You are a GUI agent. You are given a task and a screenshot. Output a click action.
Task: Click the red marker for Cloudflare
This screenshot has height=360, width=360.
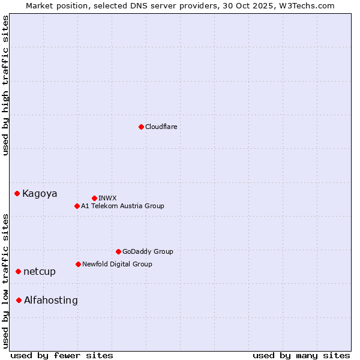pyautogui.click(x=141, y=127)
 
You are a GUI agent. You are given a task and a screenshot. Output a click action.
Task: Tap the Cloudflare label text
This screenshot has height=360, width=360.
pyautogui.click(x=161, y=127)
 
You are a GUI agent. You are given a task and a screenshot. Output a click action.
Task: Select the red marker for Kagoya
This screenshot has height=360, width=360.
pyautogui.click(x=17, y=193)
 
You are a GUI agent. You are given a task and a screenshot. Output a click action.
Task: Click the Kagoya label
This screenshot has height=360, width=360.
pyautogui.click(x=40, y=193)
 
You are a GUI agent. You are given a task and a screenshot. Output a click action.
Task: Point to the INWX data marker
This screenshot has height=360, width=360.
pyautogui.click(x=94, y=198)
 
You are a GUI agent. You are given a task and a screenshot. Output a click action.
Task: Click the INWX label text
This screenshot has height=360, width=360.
pyautogui.click(x=108, y=198)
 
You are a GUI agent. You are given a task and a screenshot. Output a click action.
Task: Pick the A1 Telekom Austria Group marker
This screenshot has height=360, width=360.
pyautogui.click(x=77, y=206)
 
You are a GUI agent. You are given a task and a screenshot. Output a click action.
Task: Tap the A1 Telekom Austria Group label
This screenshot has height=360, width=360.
pyautogui.click(x=123, y=206)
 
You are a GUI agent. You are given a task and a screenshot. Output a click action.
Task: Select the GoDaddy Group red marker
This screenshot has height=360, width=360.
pyautogui.click(x=118, y=251)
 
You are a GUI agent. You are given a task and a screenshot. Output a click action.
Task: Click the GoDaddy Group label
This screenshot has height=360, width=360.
pyautogui.click(x=148, y=251)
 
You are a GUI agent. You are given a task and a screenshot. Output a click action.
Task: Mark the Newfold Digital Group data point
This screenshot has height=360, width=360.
pyautogui.click(x=78, y=264)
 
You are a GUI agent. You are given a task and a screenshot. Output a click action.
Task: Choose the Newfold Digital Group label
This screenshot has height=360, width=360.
pyautogui.click(x=118, y=264)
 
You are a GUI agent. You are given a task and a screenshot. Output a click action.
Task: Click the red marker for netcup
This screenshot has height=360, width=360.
pyautogui.click(x=19, y=271)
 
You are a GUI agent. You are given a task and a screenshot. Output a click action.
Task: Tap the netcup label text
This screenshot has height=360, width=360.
pyautogui.click(x=40, y=271)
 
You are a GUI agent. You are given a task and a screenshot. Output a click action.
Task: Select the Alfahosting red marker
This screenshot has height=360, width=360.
pyautogui.click(x=19, y=300)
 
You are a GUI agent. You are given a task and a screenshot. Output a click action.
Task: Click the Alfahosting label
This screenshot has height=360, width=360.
pyautogui.click(x=51, y=300)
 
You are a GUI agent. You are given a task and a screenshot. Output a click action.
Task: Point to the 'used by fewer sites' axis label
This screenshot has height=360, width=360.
pyautogui.click(x=62, y=355)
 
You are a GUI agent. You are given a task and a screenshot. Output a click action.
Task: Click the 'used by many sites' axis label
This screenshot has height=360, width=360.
pyautogui.click(x=301, y=355)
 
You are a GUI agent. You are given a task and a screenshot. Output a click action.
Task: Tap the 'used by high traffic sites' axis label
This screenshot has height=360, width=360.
pyautogui.click(x=5, y=85)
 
